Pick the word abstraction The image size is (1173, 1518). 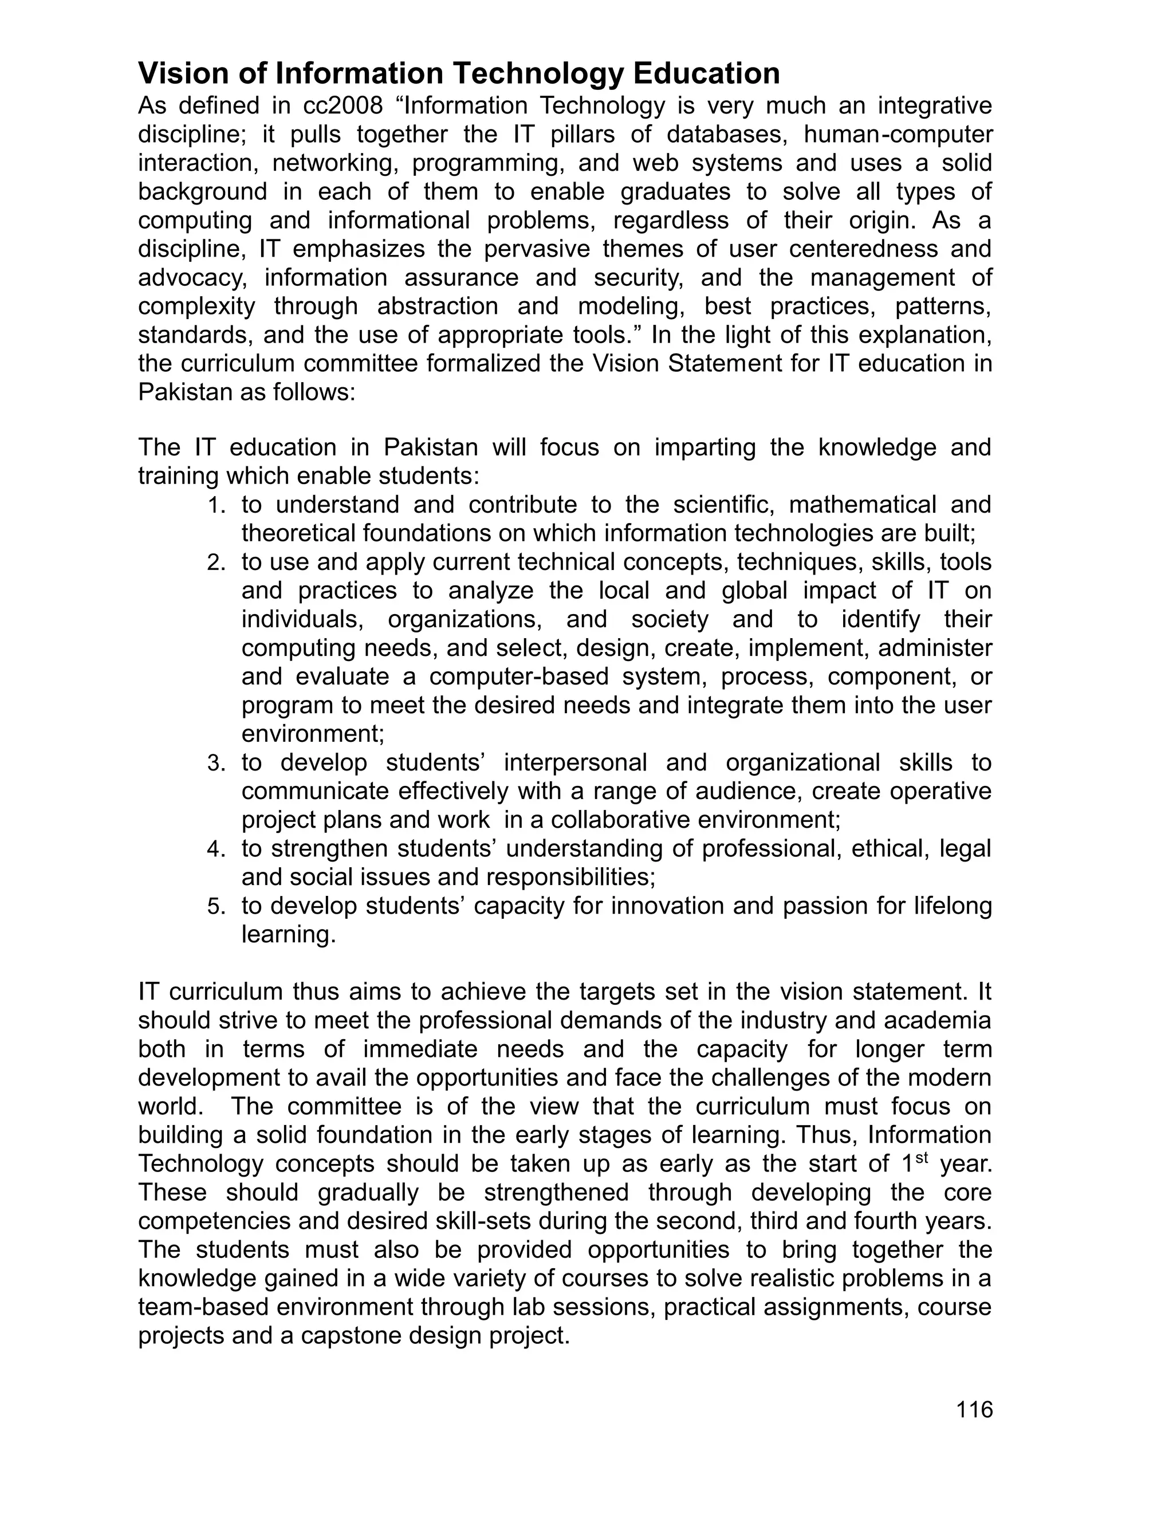click(438, 306)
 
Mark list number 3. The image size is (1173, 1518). click(216, 764)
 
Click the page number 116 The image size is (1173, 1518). click(974, 1410)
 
